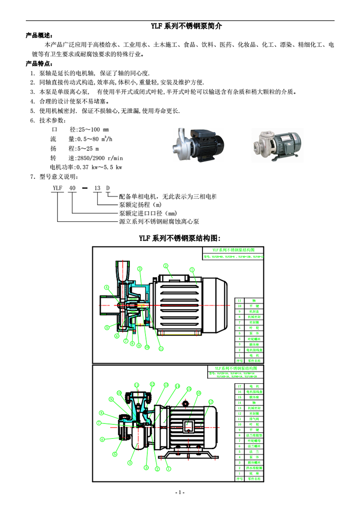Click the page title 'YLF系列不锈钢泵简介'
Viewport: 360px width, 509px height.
[x=180, y=26]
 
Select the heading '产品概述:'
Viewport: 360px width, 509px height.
[x=39, y=35]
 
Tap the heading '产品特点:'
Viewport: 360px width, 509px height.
[x=39, y=63]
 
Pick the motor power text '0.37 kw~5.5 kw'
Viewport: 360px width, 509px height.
[x=99, y=167]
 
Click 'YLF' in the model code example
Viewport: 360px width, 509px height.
[x=58, y=188]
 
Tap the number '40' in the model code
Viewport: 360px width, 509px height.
[x=72, y=188]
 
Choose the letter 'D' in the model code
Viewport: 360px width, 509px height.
[x=108, y=188]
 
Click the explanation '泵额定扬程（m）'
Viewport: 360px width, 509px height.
[x=140, y=205]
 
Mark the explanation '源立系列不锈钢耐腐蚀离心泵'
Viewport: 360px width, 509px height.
[x=159, y=221]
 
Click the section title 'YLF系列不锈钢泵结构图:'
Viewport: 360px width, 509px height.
[x=180, y=238]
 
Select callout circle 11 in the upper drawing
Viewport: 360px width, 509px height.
[x=161, y=349]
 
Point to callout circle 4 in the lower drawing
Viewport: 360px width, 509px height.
[x=130, y=463]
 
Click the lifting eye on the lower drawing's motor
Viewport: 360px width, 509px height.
[x=186, y=404]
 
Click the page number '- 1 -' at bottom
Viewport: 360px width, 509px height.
[x=180, y=492]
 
